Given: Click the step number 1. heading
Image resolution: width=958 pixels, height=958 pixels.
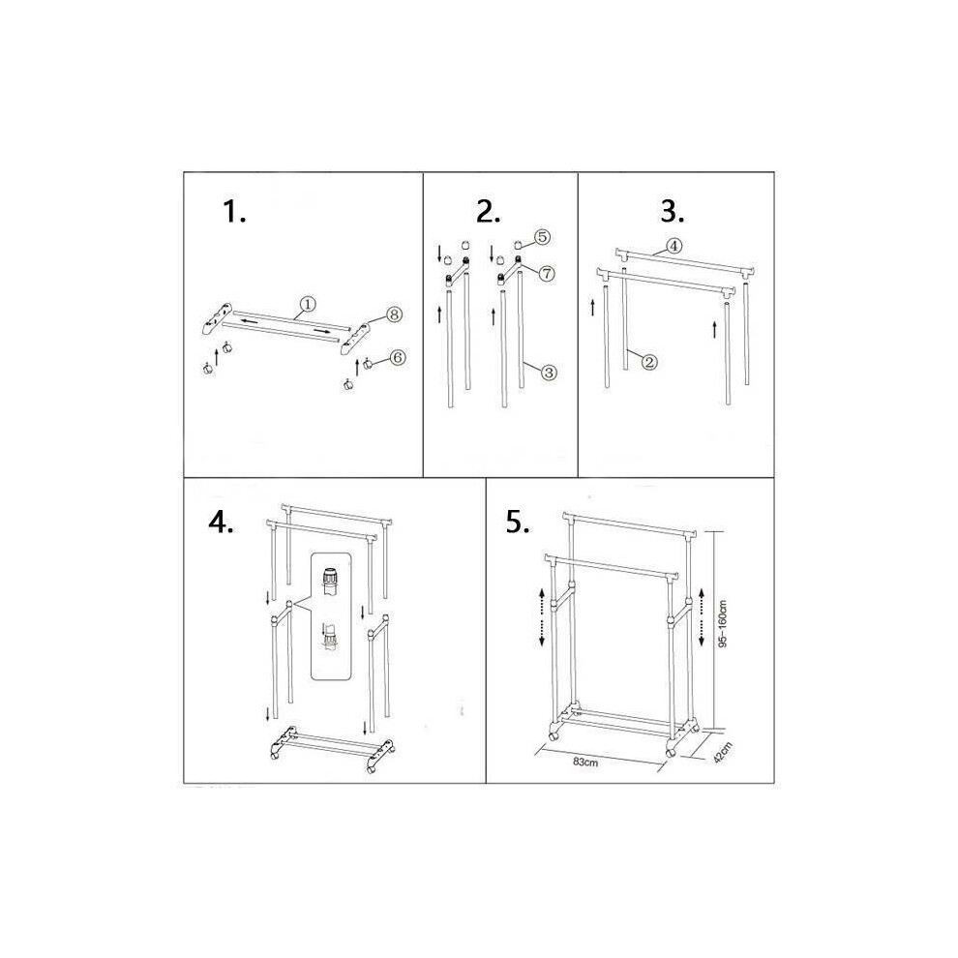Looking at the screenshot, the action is (234, 212).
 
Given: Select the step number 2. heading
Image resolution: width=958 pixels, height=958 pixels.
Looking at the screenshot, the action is (489, 211).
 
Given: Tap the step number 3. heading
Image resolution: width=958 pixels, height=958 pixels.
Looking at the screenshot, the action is (673, 211).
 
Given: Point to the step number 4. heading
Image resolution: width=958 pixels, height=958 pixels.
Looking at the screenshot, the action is (222, 522).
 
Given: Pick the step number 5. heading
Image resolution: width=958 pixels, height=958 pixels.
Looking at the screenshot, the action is (518, 522).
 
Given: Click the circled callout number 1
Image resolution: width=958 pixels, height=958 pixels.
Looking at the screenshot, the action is (308, 304).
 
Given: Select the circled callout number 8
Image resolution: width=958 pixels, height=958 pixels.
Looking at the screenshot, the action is (394, 314).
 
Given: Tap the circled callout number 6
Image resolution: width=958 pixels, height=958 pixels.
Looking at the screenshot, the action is (397, 357).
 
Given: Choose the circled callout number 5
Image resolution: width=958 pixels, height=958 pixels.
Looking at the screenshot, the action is (543, 237).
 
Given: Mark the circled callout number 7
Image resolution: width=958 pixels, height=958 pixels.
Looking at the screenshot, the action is (546, 273).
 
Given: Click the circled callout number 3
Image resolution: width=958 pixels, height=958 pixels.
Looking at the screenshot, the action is (549, 373).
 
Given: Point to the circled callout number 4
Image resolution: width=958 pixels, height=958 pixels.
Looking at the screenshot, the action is (674, 246).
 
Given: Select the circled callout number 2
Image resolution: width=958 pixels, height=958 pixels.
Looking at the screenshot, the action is (649, 362).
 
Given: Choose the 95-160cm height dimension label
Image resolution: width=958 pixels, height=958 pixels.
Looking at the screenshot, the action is (723, 623).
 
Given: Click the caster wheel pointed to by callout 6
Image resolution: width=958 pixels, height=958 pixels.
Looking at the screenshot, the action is (369, 364).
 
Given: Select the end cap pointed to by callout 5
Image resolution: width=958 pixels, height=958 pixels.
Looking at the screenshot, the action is (518, 245).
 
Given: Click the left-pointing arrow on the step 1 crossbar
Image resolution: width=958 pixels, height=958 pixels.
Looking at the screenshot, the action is (250, 320).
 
